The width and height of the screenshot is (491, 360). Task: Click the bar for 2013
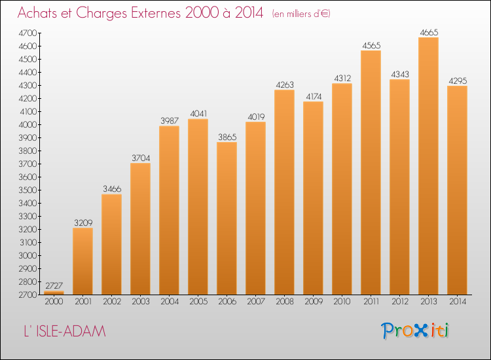(x=428, y=166)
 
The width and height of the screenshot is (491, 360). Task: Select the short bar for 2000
(x=54, y=293)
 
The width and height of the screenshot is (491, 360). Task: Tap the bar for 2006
(x=227, y=218)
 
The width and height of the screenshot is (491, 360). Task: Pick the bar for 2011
(x=371, y=173)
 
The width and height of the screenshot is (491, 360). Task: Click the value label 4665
(x=429, y=32)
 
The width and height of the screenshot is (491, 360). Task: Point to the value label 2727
(x=54, y=285)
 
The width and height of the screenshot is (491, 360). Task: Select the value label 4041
(x=198, y=114)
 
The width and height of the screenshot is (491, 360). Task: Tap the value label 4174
(x=314, y=96)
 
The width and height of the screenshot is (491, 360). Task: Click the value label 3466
(x=112, y=189)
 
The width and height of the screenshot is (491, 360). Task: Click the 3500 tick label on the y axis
(x=28, y=190)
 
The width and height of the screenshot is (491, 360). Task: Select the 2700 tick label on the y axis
(x=28, y=295)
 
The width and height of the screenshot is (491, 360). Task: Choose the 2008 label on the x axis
(x=285, y=302)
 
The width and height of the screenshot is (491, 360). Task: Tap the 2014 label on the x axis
(x=458, y=302)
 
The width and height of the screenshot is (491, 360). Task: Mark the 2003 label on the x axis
(x=141, y=302)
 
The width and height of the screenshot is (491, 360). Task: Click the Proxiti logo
(x=414, y=331)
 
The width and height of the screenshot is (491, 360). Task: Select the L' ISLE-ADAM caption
(x=65, y=331)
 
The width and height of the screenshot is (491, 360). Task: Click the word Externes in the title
(x=156, y=13)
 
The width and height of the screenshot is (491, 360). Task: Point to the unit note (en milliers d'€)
(x=301, y=14)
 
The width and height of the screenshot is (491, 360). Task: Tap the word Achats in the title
(x=37, y=13)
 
